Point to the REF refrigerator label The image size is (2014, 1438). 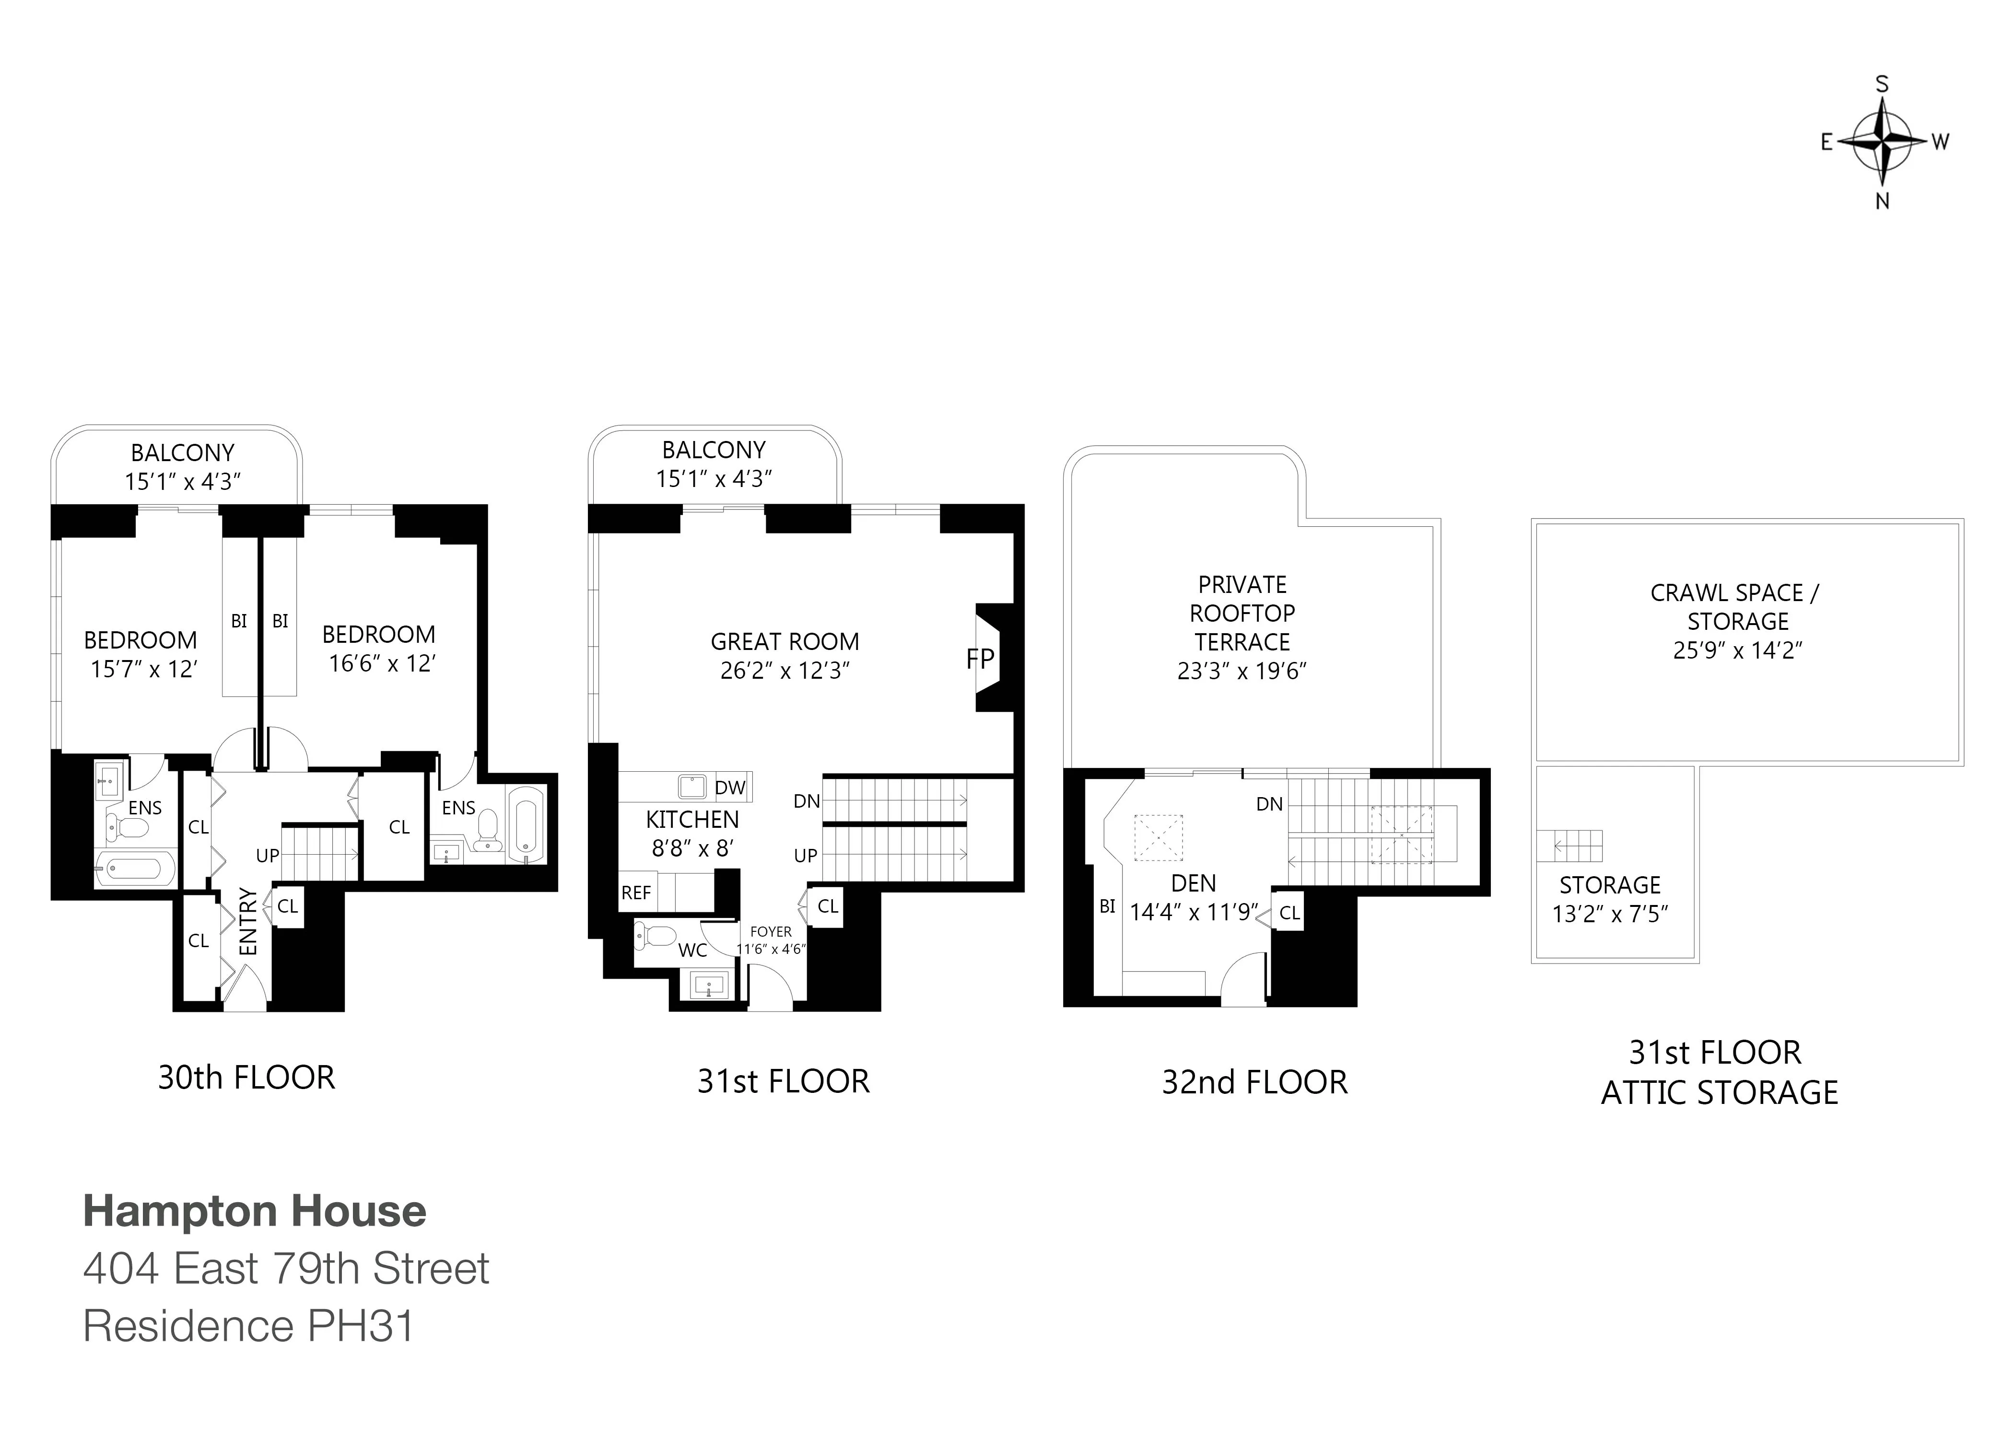pyautogui.click(x=636, y=893)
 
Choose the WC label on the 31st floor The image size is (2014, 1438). pyautogui.click(x=692, y=950)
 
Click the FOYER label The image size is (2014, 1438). pyautogui.click(x=771, y=931)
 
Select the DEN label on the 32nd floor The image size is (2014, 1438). pyautogui.click(x=1193, y=883)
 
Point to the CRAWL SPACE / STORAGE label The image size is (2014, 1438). pyautogui.click(x=1733, y=606)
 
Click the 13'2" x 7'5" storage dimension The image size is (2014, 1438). pyautogui.click(x=1609, y=914)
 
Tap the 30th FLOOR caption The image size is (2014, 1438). pyautogui.click(x=246, y=1078)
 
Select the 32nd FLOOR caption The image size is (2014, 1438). pyautogui.click(x=1254, y=1082)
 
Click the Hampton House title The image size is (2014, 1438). pyautogui.click(x=254, y=1211)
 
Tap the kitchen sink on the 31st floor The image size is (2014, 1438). pyautogui.click(x=691, y=786)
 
